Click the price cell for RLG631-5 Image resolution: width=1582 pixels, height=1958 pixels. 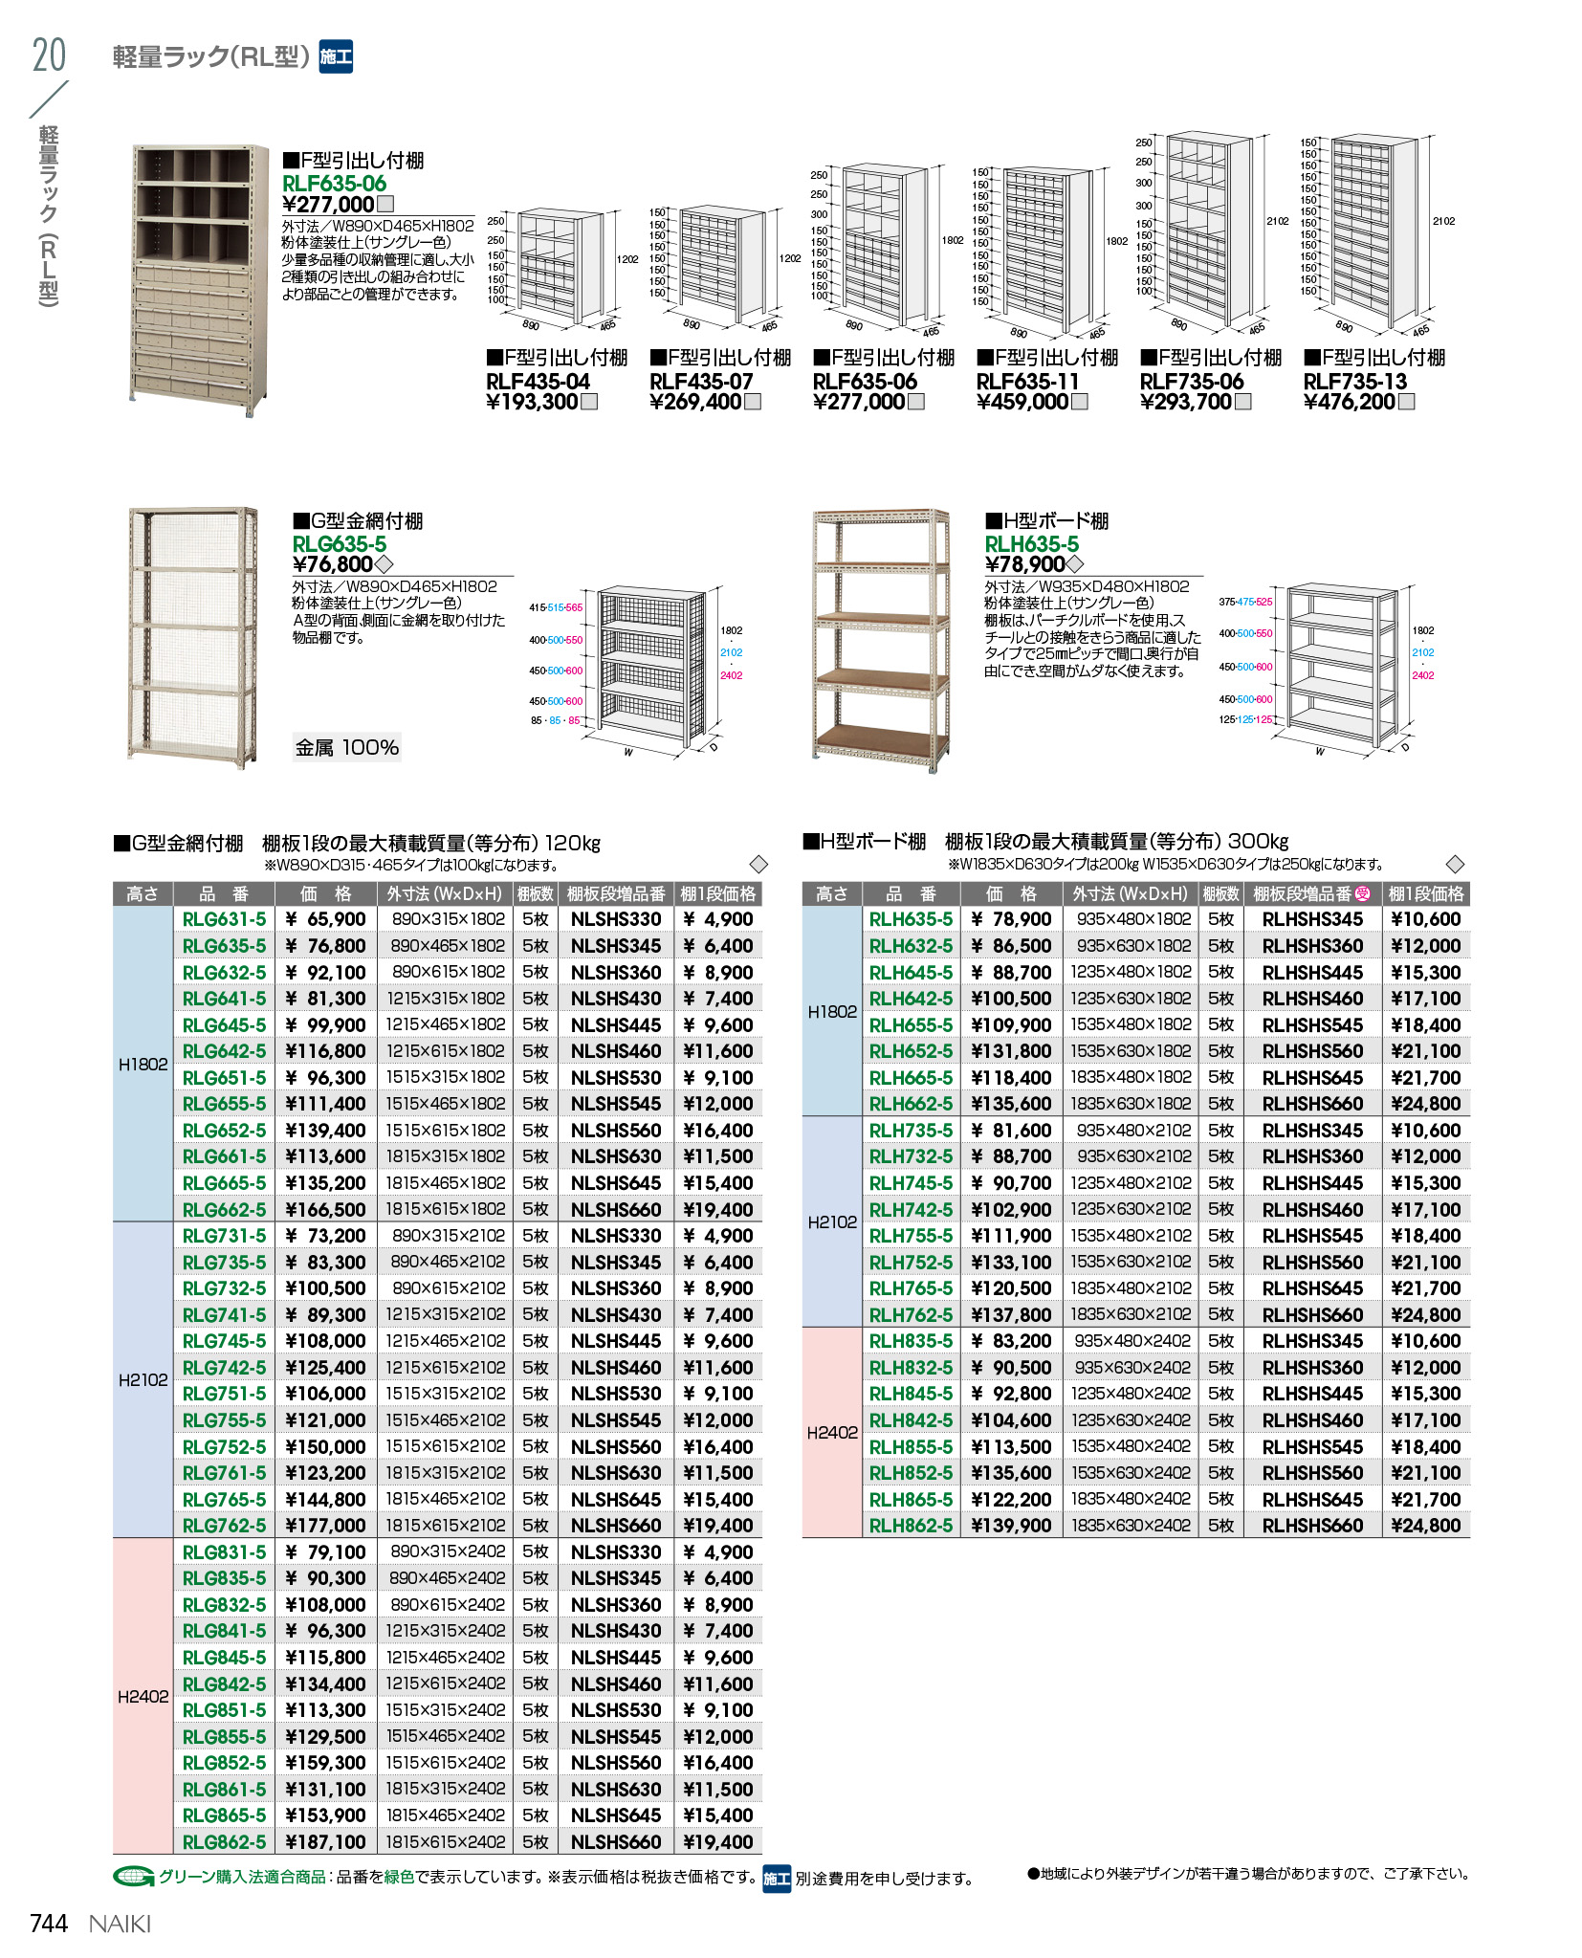(x=325, y=919)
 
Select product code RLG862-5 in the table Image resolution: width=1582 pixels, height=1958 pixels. (x=224, y=1841)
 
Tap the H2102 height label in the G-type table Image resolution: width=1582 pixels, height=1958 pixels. (x=143, y=1380)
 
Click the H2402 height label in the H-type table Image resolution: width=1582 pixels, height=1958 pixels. (x=832, y=1432)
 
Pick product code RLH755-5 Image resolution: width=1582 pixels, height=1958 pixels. (x=911, y=1236)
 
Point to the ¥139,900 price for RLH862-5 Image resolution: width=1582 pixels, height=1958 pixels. (x=1011, y=1526)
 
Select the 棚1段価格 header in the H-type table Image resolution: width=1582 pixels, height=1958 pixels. (x=1425, y=893)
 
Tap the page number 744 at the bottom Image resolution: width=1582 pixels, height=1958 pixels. (x=49, y=1924)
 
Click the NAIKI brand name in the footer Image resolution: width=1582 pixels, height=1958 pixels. (x=121, y=1924)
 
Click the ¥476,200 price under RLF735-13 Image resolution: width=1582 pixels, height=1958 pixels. (x=1350, y=402)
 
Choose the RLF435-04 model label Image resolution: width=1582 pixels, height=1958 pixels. (x=538, y=382)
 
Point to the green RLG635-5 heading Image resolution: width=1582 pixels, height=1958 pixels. (x=340, y=544)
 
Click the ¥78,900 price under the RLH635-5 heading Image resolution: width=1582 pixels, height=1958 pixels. (x=1025, y=564)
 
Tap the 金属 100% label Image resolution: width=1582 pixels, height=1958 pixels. (x=346, y=747)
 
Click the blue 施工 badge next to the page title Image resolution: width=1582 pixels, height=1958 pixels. (x=336, y=57)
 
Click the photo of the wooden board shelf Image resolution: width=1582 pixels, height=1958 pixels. (x=880, y=639)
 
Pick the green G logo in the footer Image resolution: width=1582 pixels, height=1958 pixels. (x=133, y=1877)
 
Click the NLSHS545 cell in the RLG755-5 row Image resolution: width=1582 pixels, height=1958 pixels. (x=616, y=1420)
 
